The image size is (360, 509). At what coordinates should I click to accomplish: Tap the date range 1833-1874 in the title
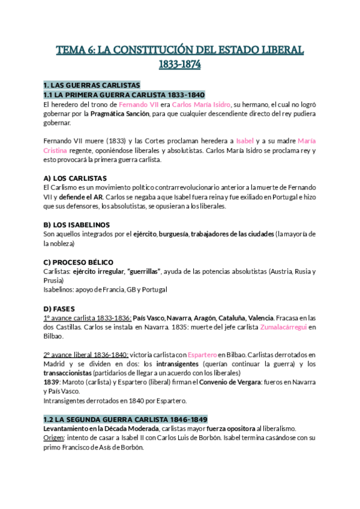click(179, 64)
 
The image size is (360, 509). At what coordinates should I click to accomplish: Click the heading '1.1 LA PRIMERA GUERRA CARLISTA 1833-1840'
click(124, 95)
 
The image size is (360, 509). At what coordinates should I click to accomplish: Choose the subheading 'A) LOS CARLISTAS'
click(75, 178)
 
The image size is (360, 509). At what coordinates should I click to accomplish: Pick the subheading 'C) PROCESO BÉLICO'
click(79, 262)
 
